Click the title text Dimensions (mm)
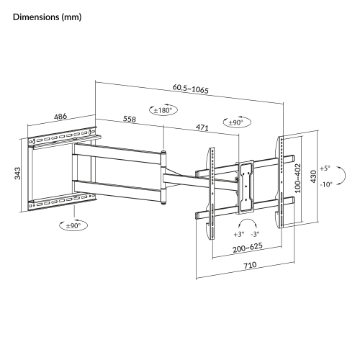47,16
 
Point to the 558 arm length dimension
130,120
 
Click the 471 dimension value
202,127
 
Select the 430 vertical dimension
312,178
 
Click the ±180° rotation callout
163,110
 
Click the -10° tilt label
325,184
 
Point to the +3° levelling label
238,234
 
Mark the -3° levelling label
256,234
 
